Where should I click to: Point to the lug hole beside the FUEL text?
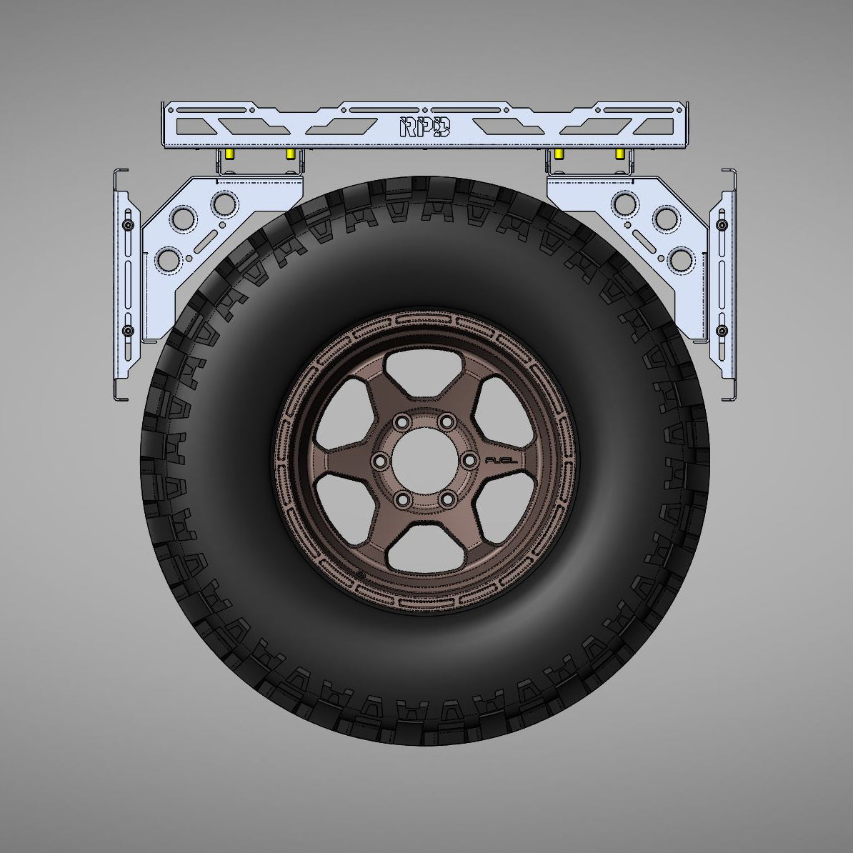[x=469, y=461]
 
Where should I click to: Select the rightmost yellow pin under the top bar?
[x=619, y=154]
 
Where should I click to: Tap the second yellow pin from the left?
[x=290, y=154]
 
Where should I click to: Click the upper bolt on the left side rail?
[x=128, y=225]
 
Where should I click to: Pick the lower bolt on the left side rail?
[x=128, y=331]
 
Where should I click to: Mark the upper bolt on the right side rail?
[x=722, y=225]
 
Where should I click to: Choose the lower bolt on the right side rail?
[x=722, y=331]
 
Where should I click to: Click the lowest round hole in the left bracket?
[x=170, y=258]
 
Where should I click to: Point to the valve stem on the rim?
[x=358, y=574]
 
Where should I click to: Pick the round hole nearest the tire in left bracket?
[x=224, y=204]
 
